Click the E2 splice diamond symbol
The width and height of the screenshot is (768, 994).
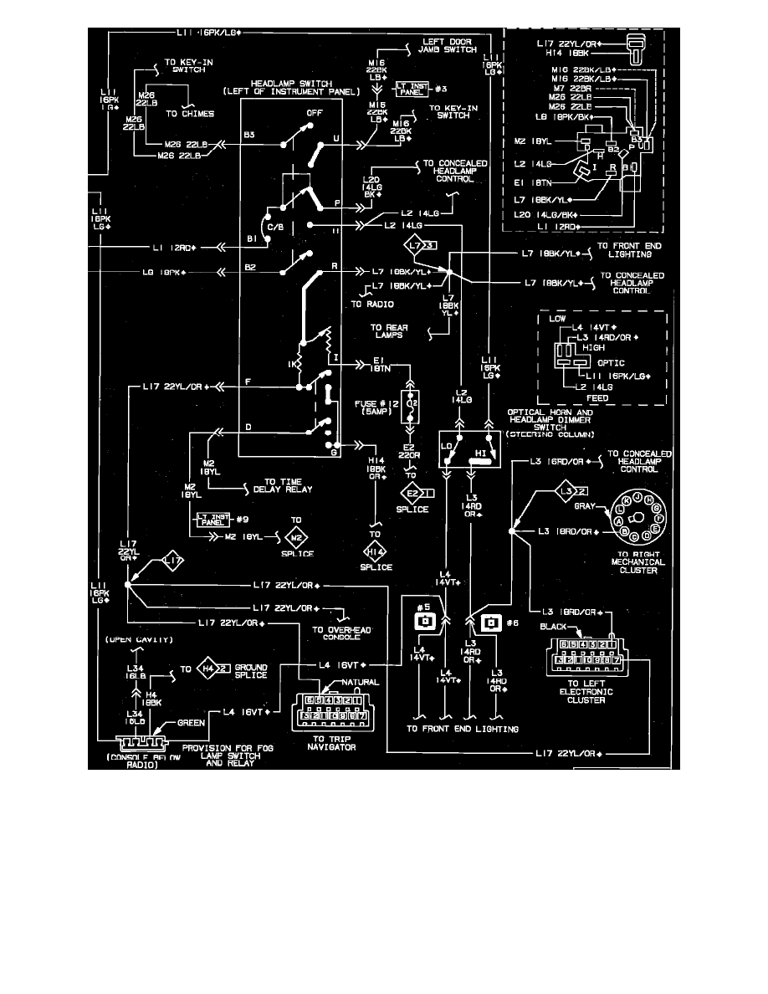[412, 491]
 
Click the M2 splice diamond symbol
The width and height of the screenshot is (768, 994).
[297, 536]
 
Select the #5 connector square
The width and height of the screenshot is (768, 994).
[426, 622]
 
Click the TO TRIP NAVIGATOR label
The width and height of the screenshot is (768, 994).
[335, 743]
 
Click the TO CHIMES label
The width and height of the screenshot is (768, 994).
[190, 113]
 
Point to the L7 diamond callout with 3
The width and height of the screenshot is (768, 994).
[420, 244]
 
